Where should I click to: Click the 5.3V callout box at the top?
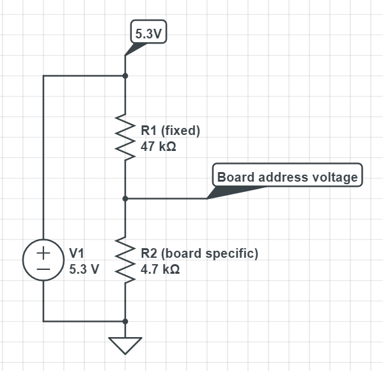[x=149, y=32]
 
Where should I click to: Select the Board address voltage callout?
[x=288, y=175]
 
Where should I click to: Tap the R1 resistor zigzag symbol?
[x=125, y=137]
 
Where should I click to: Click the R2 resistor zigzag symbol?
[x=125, y=260]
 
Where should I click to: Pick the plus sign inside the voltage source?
[x=43, y=253]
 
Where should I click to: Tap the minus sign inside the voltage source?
[x=43, y=269]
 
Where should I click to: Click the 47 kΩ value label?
[x=159, y=146]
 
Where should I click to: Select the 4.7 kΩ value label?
[x=160, y=269]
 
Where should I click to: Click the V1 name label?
[x=77, y=253]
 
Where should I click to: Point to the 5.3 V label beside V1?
[x=84, y=269]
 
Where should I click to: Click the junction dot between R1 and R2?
[x=125, y=199]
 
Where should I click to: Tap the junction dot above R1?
[x=125, y=75]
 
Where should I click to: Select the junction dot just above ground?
[x=125, y=321]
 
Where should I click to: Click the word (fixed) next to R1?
[x=180, y=130]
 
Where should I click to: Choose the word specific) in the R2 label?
[x=232, y=253]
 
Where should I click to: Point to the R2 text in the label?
[x=149, y=253]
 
